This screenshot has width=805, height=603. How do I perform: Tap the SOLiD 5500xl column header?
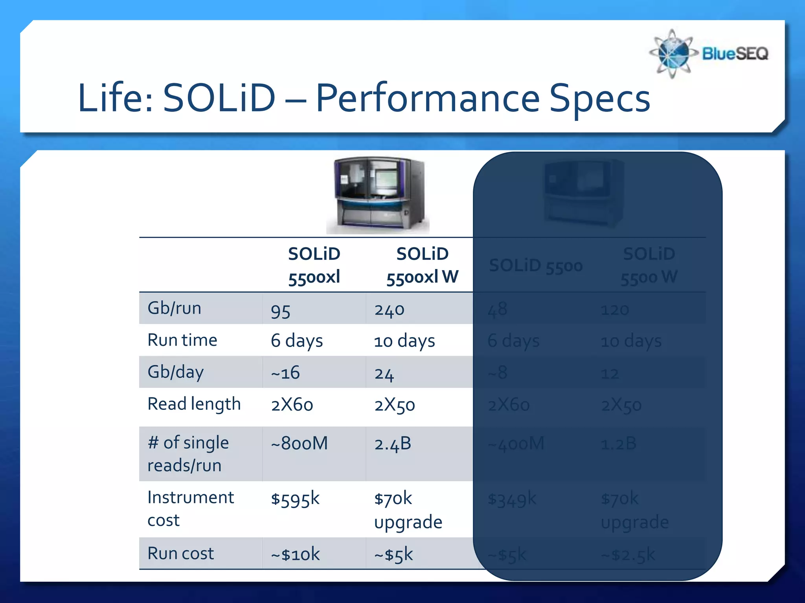tap(314, 265)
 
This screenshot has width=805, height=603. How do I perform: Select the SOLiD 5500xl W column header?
tap(422, 265)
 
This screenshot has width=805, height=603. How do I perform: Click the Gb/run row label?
tap(174, 308)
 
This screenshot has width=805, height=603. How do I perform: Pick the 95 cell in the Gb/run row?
tap(281, 311)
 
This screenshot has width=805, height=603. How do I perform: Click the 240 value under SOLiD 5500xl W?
tap(389, 310)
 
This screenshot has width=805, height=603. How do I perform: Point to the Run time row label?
tap(182, 340)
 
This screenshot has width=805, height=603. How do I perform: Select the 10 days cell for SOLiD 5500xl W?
tap(404, 341)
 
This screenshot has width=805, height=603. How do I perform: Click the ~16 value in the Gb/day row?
tap(285, 373)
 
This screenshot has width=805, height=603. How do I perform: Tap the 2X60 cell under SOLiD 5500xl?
tap(292, 405)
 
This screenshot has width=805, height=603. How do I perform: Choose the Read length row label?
tap(194, 404)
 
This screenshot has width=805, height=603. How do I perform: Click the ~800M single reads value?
tap(299, 444)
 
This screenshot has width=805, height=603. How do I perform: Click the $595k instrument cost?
tap(295, 499)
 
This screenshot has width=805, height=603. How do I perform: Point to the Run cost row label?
tap(180, 554)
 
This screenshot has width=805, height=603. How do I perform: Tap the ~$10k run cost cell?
tap(295, 554)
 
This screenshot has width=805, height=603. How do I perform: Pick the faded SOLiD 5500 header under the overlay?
tap(535, 266)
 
